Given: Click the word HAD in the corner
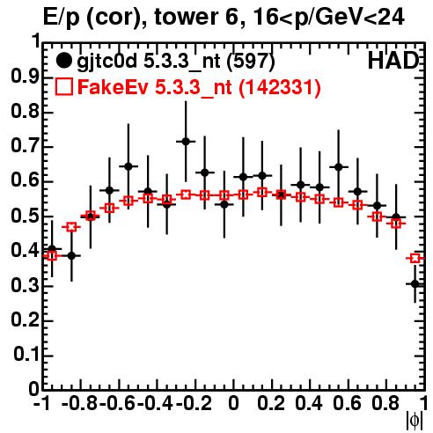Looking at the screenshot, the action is click(x=393, y=61).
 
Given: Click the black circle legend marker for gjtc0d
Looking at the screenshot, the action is click(x=63, y=61).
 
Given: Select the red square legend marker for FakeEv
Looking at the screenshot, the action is click(x=63, y=87).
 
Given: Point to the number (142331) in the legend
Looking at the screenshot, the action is click(x=279, y=87).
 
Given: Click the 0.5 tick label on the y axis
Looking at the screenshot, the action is click(x=25, y=216).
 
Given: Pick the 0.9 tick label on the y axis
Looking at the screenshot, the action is click(x=25, y=77).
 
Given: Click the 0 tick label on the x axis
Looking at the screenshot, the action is click(x=233, y=404).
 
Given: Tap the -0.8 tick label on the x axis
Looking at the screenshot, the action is click(x=80, y=404).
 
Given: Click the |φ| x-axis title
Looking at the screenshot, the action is click(x=415, y=422).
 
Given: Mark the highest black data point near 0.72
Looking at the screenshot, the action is click(x=186, y=142).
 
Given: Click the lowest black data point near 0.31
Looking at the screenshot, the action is click(x=415, y=284).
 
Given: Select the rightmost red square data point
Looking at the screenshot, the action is click(x=415, y=259).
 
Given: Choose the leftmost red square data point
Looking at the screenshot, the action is click(x=52, y=256).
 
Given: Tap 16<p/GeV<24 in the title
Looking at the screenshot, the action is click(x=328, y=18).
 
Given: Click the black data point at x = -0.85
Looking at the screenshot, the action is click(x=71, y=256).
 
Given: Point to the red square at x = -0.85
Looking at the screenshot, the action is click(x=71, y=227).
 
